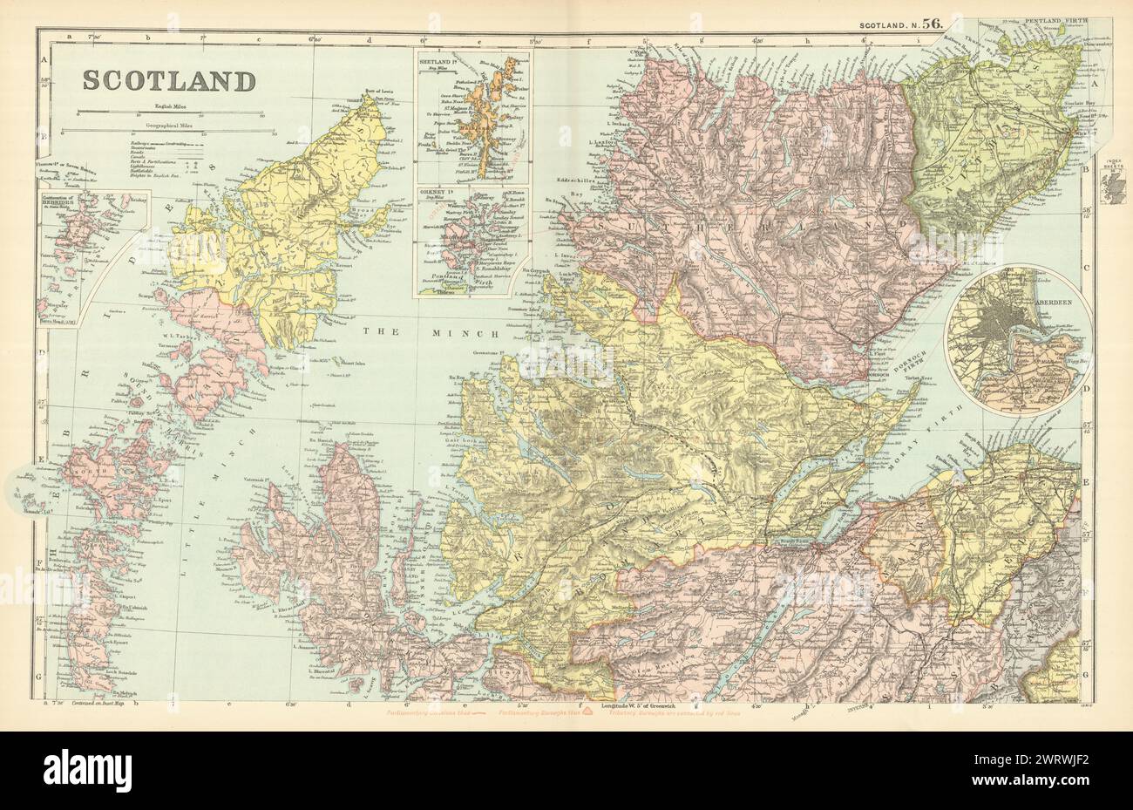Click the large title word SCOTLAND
pos(169,80)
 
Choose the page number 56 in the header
pos(933,25)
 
